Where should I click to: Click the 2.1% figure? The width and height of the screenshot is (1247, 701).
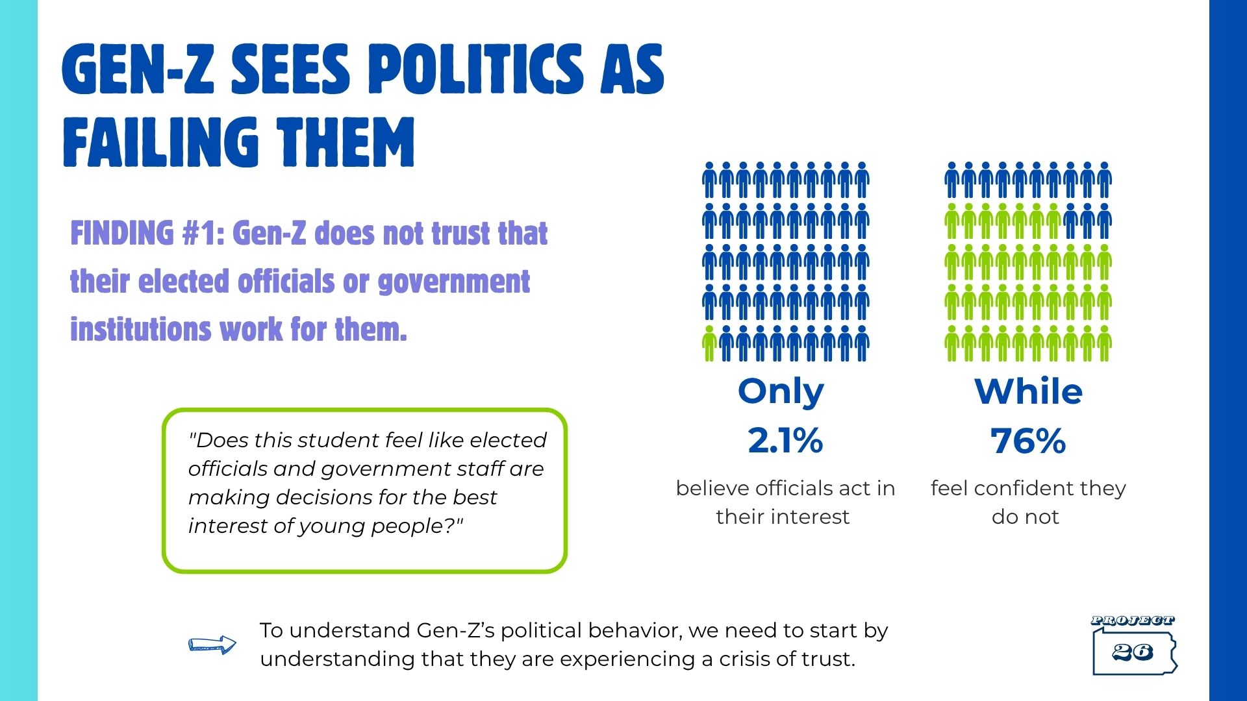[x=785, y=441]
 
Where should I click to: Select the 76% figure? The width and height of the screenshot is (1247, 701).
[x=1028, y=441]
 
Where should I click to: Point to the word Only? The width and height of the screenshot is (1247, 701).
[x=781, y=392]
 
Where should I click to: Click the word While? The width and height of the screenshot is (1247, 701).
[x=1029, y=392]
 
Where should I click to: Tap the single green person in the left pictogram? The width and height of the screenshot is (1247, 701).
[x=710, y=343]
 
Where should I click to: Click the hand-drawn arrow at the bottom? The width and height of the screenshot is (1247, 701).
[x=212, y=645]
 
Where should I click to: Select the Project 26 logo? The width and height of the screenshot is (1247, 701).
[x=1134, y=645]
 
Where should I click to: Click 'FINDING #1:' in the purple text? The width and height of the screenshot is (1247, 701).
[x=147, y=234]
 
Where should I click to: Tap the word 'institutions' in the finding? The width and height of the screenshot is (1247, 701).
[x=140, y=329]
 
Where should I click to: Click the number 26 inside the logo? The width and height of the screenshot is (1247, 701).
[x=1133, y=652]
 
